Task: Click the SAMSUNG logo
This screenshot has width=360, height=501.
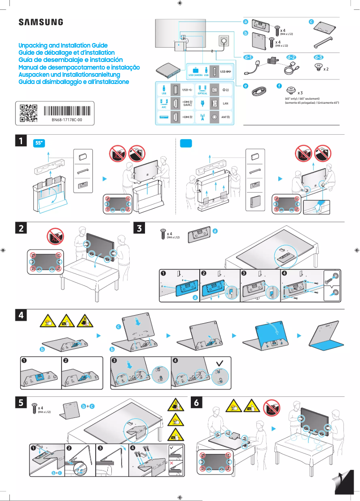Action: (x=40, y=22)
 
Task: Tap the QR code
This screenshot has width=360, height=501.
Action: (x=28, y=114)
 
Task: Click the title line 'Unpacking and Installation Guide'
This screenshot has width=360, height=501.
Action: (x=63, y=46)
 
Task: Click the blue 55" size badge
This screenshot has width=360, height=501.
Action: (x=40, y=143)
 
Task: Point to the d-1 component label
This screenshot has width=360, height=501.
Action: (x=248, y=57)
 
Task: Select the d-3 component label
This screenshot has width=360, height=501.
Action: (x=318, y=57)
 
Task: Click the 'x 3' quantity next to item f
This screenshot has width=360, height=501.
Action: (x=300, y=92)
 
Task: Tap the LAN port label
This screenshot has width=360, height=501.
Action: (x=225, y=104)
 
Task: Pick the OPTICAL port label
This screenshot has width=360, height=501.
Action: (x=202, y=93)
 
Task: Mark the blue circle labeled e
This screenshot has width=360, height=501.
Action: (x=246, y=85)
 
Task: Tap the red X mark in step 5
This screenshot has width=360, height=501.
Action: (x=172, y=461)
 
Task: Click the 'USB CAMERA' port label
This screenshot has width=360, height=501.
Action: (x=195, y=75)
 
